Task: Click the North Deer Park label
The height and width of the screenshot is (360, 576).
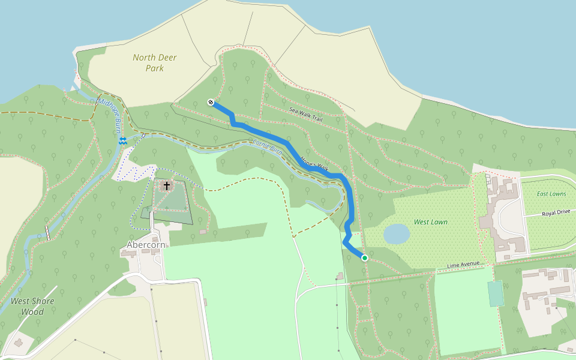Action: point(155,62)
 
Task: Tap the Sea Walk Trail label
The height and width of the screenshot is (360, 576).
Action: point(305,114)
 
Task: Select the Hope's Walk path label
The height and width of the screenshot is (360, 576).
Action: point(314,163)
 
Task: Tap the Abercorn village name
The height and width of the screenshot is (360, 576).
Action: point(146,245)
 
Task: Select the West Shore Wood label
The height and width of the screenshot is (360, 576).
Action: point(32,306)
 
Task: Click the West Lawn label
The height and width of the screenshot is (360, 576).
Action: point(430,222)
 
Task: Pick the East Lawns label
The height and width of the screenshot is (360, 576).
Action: point(551,194)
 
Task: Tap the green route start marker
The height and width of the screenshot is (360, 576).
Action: point(364,257)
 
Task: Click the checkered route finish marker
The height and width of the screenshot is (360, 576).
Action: point(211,102)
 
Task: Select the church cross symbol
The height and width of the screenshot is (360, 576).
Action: point(166,186)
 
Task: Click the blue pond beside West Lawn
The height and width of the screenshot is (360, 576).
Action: point(396,234)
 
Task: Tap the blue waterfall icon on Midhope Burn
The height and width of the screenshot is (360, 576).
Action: point(122,140)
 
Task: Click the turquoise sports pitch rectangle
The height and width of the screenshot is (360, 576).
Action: point(495,293)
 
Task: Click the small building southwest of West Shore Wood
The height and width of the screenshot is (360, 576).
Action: point(18,343)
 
